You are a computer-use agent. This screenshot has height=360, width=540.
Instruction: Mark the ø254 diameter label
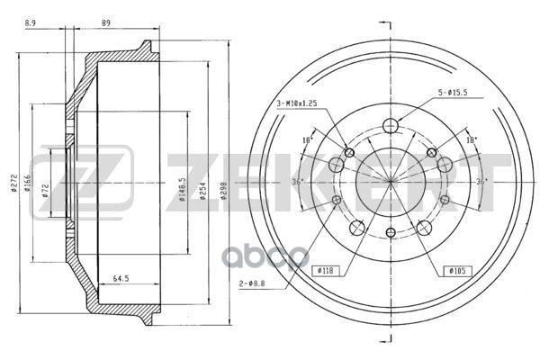coord(209,184)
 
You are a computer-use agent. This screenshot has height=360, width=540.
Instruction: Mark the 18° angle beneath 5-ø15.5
coord(470,139)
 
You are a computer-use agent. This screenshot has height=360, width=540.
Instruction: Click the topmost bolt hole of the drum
coord(389,126)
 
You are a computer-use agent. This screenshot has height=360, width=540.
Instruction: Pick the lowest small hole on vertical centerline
coord(389,234)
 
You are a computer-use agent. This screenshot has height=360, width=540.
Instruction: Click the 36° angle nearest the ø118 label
coord(298,182)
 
